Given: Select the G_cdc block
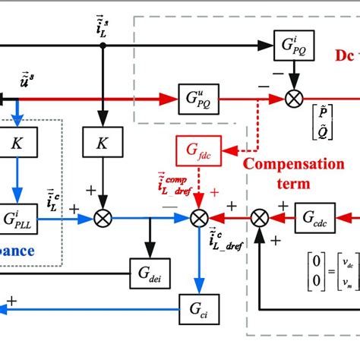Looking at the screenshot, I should (x=314, y=217).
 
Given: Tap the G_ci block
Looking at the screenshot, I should (x=198, y=306).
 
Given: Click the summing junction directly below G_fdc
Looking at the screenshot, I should (x=198, y=218).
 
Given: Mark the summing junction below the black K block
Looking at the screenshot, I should (x=103, y=218).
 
